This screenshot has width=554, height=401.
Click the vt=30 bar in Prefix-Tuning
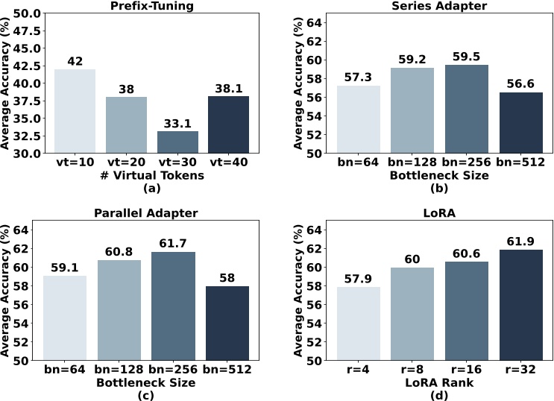tap(178, 142)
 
